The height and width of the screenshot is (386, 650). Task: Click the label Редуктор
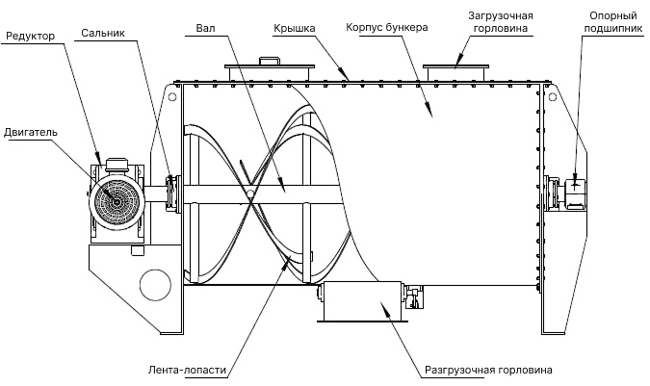click(31, 36)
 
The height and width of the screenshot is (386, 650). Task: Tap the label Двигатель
click(32, 131)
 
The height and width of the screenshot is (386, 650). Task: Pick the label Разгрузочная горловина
click(488, 370)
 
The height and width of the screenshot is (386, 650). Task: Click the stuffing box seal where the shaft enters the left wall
click(172, 192)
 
